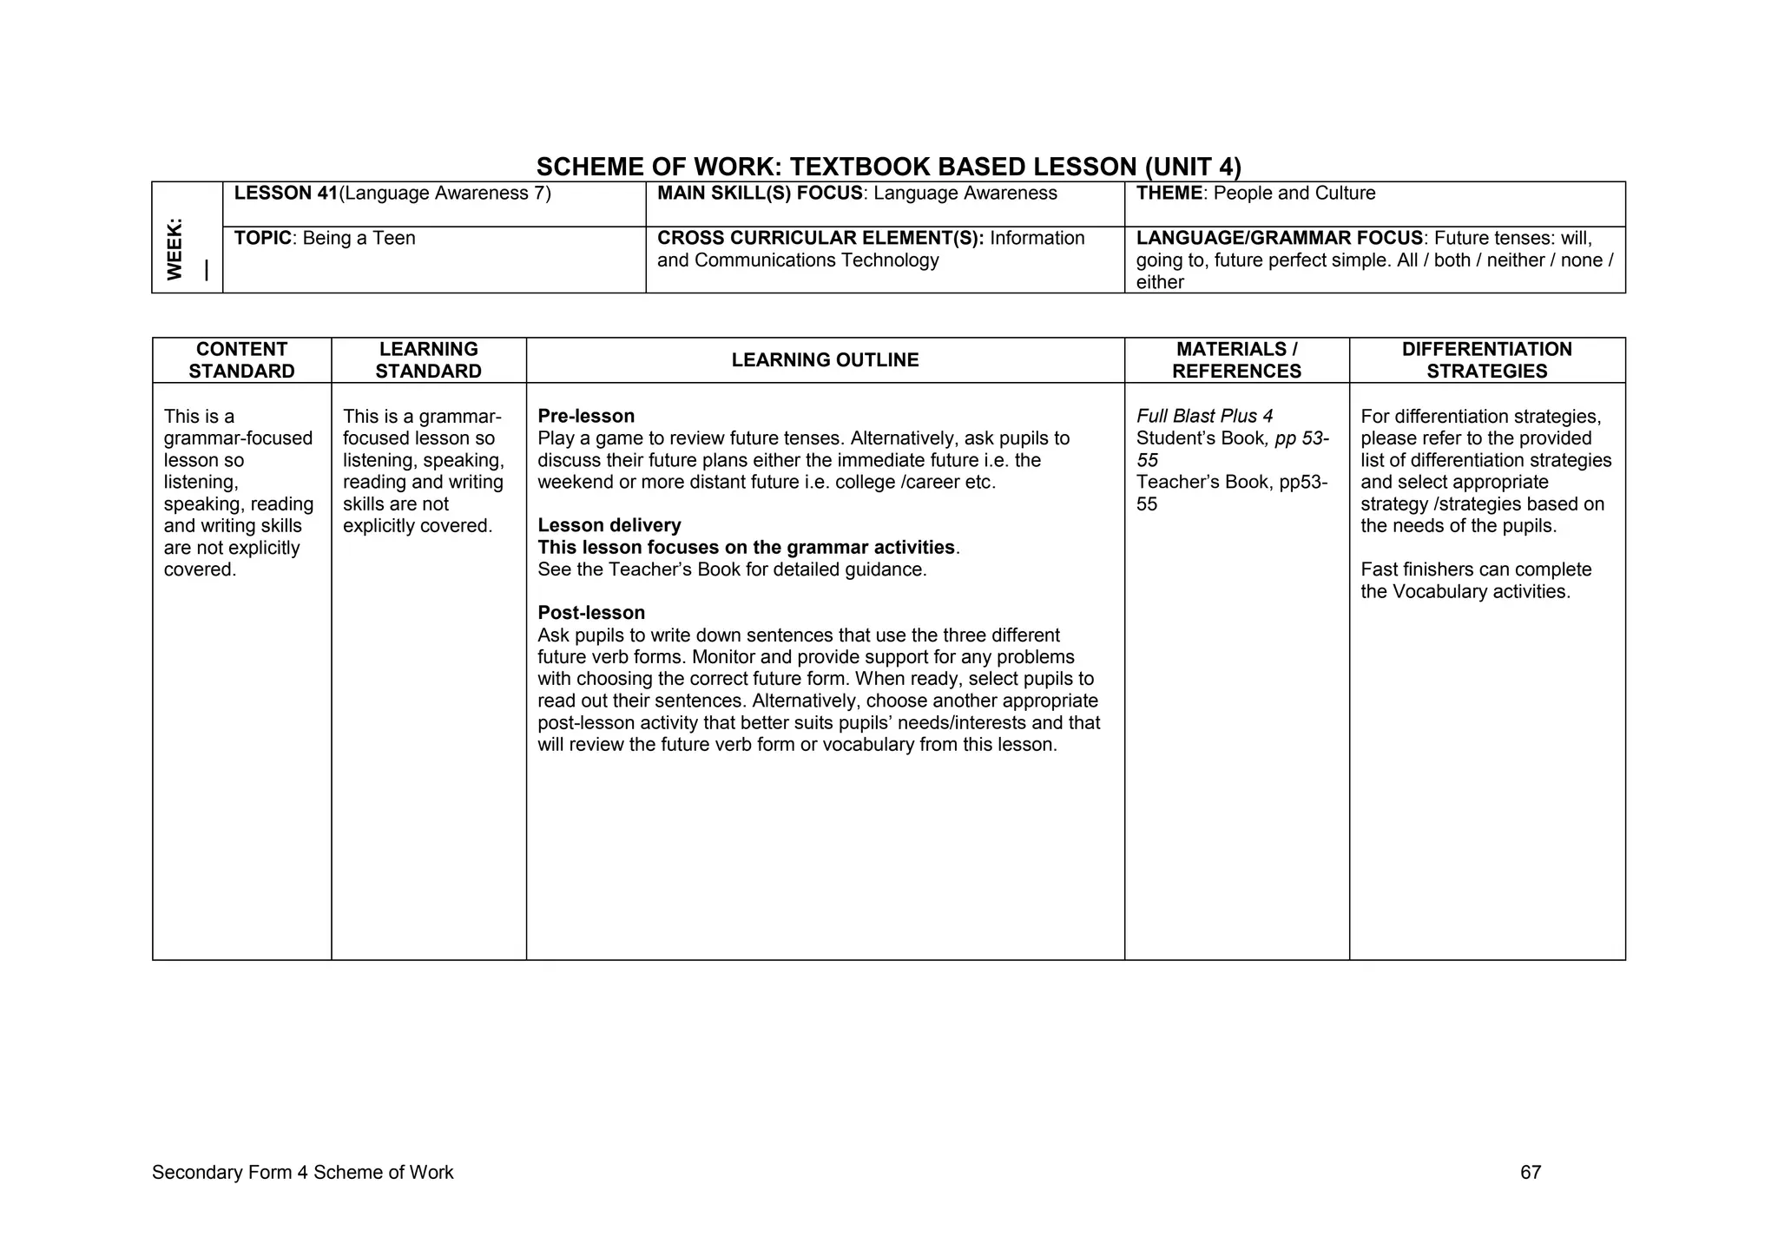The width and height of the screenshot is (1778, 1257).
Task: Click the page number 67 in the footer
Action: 1531,1173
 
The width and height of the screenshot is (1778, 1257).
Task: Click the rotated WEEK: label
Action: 175,249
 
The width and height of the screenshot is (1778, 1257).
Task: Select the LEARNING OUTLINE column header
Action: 825,360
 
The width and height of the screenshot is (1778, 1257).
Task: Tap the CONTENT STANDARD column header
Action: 241,360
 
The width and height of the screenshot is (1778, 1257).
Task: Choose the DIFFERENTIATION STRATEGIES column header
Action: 1486,360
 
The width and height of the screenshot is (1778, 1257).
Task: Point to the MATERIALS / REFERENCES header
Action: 1236,360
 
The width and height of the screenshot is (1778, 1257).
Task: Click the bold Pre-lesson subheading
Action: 586,416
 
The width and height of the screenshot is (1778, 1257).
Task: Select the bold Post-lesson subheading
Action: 591,613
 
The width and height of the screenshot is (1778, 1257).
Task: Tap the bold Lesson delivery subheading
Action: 609,525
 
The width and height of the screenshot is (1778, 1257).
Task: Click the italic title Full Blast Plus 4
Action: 1204,417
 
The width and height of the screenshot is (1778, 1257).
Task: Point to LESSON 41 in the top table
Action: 285,194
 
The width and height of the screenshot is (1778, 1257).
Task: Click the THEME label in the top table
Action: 1169,194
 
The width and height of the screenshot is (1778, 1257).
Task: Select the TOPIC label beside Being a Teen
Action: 262,239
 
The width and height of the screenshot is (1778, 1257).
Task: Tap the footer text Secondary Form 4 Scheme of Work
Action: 302,1173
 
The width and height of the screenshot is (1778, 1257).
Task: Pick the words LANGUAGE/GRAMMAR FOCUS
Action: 1279,239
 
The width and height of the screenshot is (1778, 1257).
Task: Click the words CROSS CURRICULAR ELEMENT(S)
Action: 820,239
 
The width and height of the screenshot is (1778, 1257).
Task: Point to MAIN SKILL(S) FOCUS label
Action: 760,194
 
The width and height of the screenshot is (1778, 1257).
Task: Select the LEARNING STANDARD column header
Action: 428,360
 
